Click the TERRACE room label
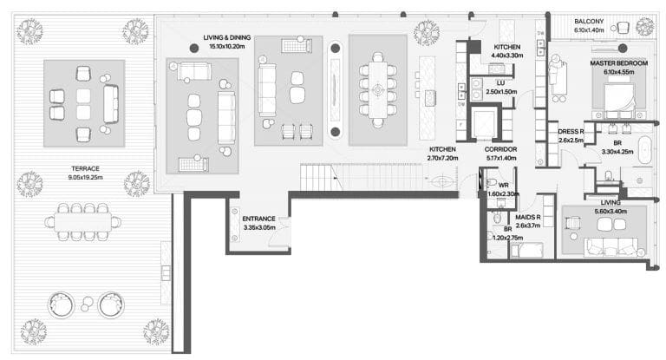[x=85, y=169]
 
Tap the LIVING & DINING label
[x=227, y=37]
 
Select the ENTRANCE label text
[x=258, y=219]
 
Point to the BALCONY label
[x=589, y=21]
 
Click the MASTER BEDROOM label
[x=619, y=63]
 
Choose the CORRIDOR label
[x=500, y=149]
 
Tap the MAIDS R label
[x=528, y=217]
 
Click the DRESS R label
[x=571, y=132]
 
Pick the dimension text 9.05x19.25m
[x=85, y=177]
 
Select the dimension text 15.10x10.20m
[x=227, y=46]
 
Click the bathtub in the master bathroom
[x=645, y=150]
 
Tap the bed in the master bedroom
[x=619, y=99]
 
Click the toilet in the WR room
[x=490, y=183]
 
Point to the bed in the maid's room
[x=527, y=250]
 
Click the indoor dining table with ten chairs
[x=377, y=90]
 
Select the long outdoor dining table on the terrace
[x=83, y=222]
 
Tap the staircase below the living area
[x=361, y=177]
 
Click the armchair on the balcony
[x=623, y=28]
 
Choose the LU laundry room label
[x=500, y=83]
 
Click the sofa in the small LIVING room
[x=610, y=247]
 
